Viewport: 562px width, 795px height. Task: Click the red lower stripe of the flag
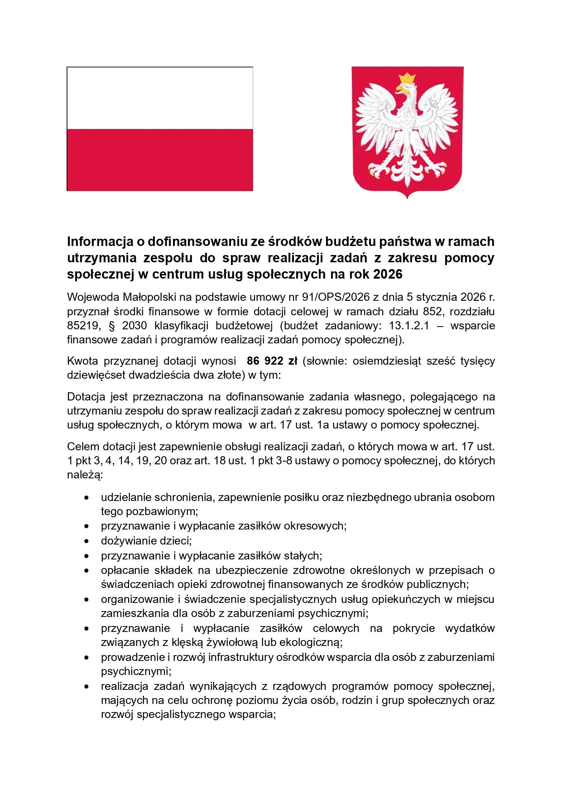click(x=160, y=159)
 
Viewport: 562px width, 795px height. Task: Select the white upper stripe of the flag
click(x=160, y=98)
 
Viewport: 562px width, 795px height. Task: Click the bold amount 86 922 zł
click(x=272, y=361)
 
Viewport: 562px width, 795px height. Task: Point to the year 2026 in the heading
click(x=388, y=275)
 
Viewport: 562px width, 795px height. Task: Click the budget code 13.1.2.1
click(x=409, y=326)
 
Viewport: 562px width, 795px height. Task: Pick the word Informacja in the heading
click(x=100, y=241)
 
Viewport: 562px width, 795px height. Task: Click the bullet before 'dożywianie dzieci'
click(x=86, y=541)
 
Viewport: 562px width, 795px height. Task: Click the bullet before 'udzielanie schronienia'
click(x=86, y=498)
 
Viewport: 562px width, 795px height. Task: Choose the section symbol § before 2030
click(x=111, y=326)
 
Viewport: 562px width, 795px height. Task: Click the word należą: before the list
click(x=85, y=475)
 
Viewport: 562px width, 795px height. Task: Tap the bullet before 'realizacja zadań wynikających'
click(x=86, y=687)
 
